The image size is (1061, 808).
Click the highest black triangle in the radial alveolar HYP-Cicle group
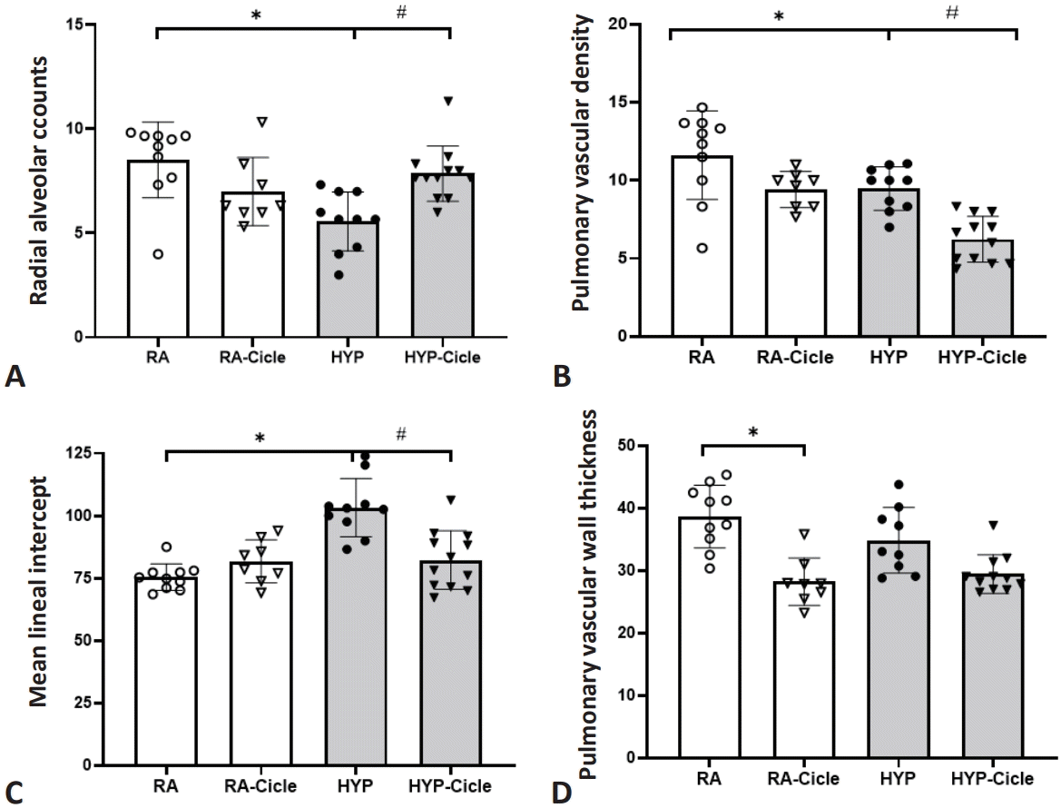447,101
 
